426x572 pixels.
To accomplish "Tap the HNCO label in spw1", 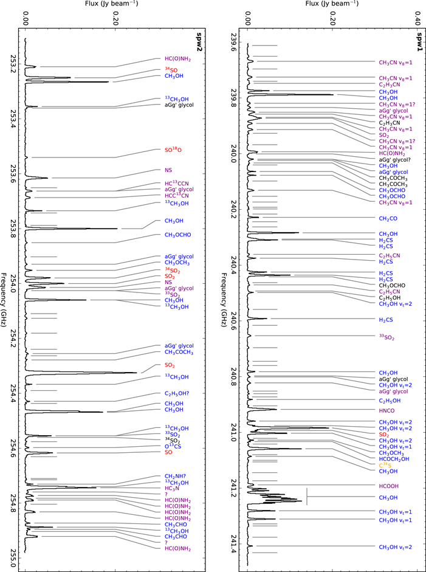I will [x=387, y=410].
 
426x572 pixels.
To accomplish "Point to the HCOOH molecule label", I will [x=390, y=486].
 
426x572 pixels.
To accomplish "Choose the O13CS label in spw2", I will [x=174, y=446].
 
